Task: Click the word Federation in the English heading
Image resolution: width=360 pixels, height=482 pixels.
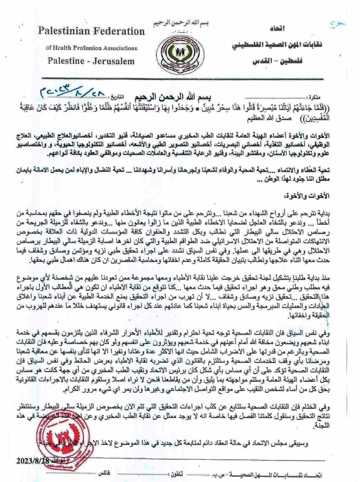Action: point(120,31)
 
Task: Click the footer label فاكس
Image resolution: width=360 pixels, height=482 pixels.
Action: point(104,473)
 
